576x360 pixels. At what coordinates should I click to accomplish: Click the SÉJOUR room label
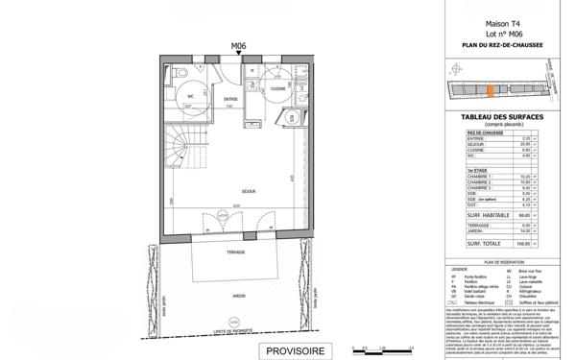click(x=234, y=190)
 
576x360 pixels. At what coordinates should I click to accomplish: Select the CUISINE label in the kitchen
click(x=277, y=87)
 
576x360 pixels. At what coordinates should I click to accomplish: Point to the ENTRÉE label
click(x=230, y=98)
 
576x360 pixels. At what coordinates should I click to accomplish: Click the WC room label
click(x=191, y=95)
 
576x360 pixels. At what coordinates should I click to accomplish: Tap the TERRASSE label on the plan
click(x=235, y=252)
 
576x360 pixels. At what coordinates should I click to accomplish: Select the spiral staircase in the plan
click(x=180, y=149)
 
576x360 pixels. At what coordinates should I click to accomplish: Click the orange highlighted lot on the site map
click(x=492, y=92)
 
